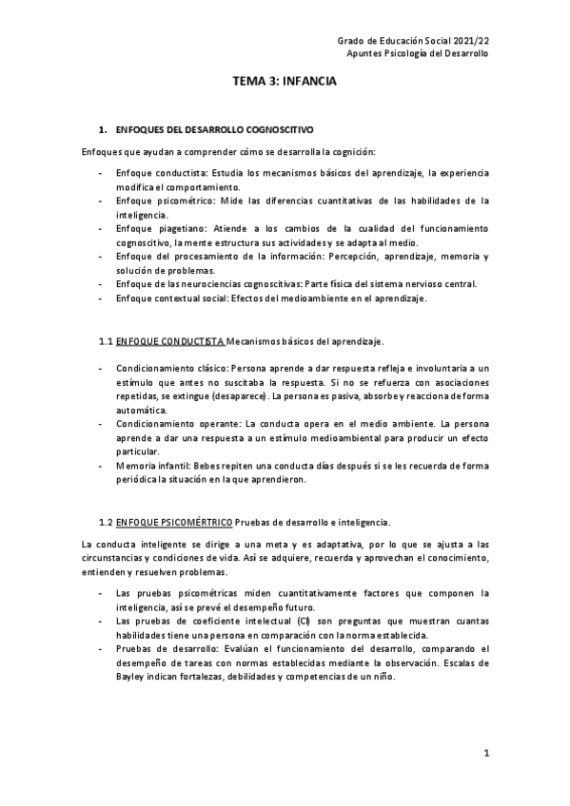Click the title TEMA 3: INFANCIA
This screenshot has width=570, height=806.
click(285, 83)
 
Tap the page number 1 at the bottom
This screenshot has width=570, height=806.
click(485, 754)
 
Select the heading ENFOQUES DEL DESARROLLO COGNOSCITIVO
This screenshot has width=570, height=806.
click(214, 128)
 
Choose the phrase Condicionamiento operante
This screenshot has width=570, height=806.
click(175, 420)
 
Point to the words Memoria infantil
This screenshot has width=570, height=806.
click(152, 466)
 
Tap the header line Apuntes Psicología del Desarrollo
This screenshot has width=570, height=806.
click(417, 54)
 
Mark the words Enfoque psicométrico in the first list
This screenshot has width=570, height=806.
click(162, 201)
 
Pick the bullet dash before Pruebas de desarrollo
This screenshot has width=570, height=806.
click(101, 648)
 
